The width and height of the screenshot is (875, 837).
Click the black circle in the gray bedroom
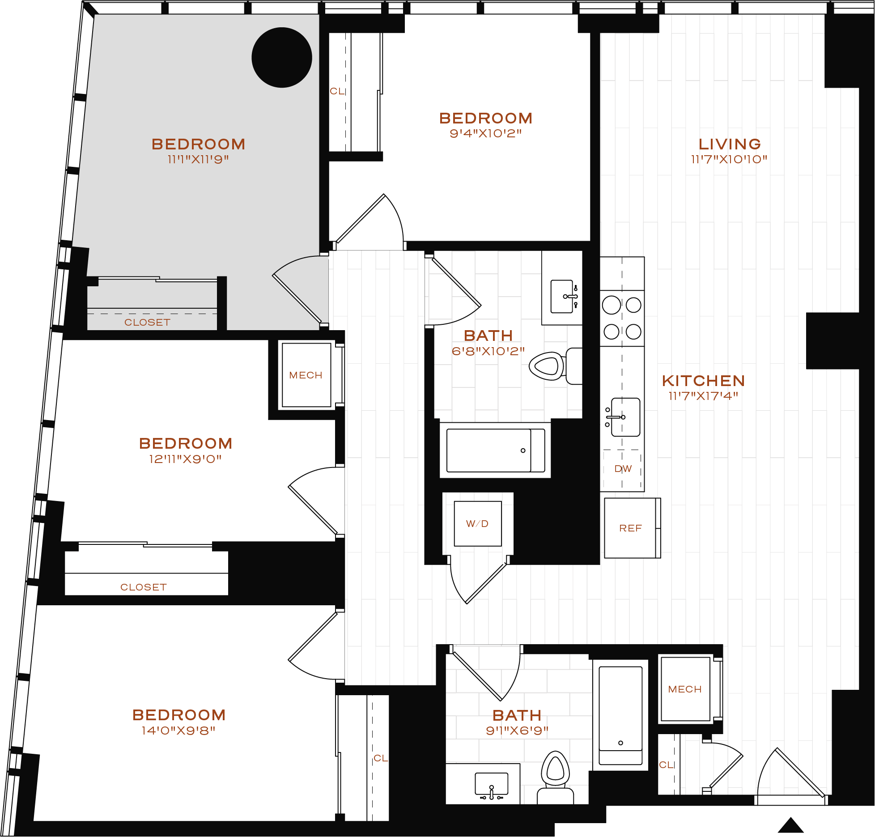282,57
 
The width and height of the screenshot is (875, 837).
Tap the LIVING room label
730,144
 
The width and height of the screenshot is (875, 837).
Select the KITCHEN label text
703,381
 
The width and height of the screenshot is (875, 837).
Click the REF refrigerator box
630,528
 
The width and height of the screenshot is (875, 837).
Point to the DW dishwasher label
623,469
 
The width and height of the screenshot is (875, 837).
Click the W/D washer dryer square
477,523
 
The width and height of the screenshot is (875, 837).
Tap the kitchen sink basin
626,417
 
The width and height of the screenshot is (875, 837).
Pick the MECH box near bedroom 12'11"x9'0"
306,375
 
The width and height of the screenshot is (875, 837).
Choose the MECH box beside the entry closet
685,689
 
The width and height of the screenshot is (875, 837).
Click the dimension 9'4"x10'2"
486,133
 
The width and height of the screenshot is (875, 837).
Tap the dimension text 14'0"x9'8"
178,731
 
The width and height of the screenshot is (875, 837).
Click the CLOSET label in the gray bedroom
147,322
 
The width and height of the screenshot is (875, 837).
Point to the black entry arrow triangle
790,825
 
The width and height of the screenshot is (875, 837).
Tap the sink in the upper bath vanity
562,297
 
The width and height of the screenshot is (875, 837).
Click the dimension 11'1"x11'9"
198,159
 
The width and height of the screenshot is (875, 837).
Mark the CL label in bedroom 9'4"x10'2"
337,91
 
